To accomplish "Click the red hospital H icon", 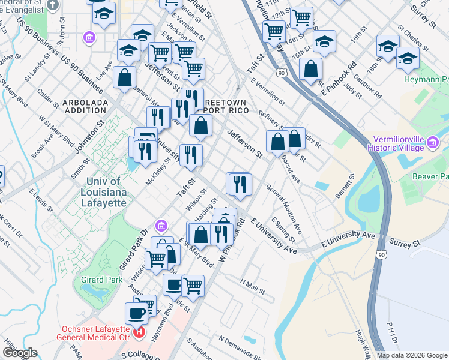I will point(140,331).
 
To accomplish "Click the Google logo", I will point(19,353).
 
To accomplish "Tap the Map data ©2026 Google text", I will point(412,355).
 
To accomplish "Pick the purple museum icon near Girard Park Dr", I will point(161,226).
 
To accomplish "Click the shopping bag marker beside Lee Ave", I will point(124,77).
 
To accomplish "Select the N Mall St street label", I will point(253,286).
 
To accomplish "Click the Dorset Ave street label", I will point(291,169).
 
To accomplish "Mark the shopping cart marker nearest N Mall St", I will point(193,286).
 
